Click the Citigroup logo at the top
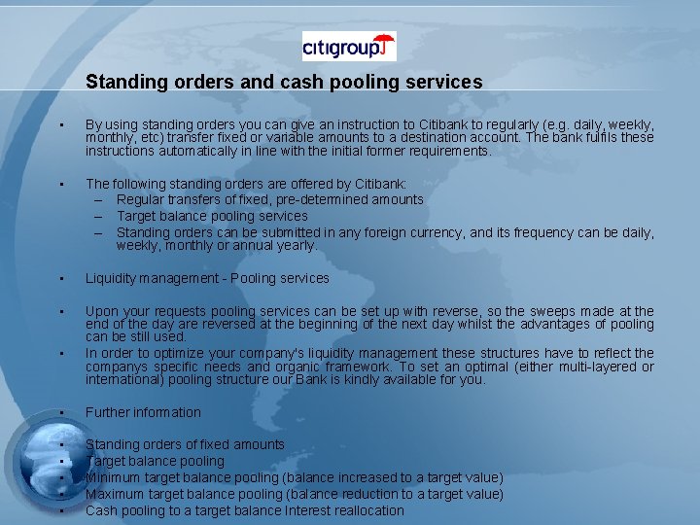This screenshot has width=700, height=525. (349, 46)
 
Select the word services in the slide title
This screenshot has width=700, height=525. (446, 83)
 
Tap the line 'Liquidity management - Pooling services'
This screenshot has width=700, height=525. (207, 278)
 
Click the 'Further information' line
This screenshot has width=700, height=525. (143, 412)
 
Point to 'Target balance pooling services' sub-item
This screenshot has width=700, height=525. (212, 216)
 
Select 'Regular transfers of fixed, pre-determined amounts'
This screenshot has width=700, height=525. (269, 199)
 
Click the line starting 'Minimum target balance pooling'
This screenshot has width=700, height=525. (294, 477)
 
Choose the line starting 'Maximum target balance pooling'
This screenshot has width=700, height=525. (294, 494)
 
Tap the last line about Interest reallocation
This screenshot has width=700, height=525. (244, 510)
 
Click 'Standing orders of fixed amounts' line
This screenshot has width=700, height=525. (185, 444)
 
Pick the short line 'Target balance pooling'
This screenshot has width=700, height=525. (155, 461)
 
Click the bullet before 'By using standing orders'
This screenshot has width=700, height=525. (60, 125)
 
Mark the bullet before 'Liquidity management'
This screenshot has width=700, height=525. (60, 278)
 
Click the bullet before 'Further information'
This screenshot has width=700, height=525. (60, 412)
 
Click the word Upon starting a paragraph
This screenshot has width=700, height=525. (101, 311)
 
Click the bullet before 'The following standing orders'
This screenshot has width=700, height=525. (60, 183)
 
